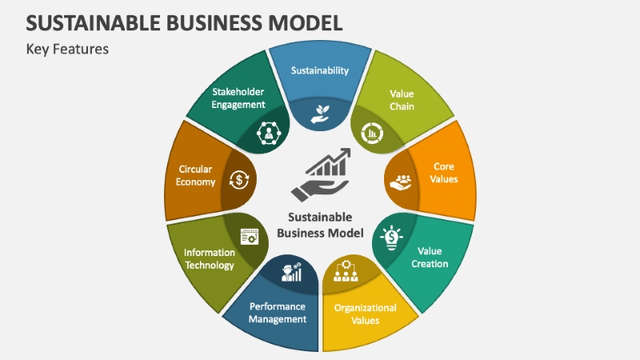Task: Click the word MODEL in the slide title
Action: click(x=298, y=21)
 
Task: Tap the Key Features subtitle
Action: click(x=67, y=49)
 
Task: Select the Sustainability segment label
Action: click(x=320, y=70)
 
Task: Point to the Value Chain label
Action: click(x=402, y=100)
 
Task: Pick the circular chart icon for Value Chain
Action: click(x=372, y=133)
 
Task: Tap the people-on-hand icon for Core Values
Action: click(x=400, y=181)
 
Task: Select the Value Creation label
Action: click(x=433, y=257)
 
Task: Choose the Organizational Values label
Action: click(x=365, y=314)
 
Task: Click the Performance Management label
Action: click(x=278, y=312)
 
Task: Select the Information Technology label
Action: click(x=209, y=259)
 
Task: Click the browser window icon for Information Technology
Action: click(x=249, y=235)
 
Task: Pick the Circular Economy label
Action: click(x=196, y=175)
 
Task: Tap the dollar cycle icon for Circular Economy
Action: click(x=238, y=179)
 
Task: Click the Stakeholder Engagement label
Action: click(x=238, y=98)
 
